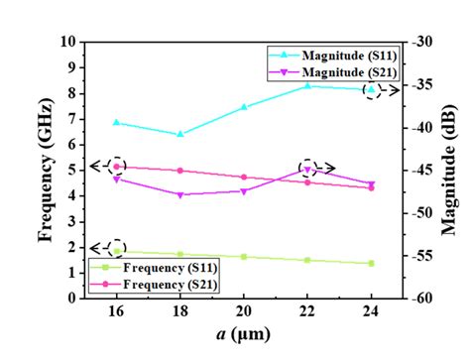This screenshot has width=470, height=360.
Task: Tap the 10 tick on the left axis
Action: (68, 43)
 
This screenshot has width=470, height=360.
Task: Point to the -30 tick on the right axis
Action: (419, 43)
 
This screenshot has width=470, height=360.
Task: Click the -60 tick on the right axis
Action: (419, 298)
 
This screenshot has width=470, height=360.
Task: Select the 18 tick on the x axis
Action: (180, 311)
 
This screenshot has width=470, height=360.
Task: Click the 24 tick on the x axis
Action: (371, 311)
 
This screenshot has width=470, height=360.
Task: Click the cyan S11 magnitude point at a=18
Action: (180, 134)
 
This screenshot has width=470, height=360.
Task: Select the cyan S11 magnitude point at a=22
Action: (307, 86)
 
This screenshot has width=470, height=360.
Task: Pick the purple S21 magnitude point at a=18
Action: (180, 194)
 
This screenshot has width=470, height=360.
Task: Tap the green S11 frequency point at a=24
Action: (371, 263)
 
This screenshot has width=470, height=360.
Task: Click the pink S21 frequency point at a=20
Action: (244, 177)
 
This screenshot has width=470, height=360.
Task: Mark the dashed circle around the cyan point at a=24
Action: (371, 90)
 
